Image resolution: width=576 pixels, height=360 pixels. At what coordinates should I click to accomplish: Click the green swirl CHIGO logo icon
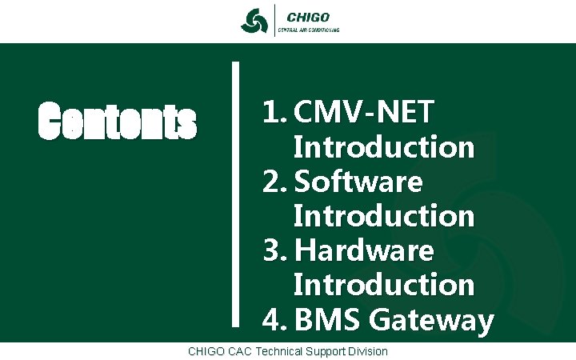point(254,21)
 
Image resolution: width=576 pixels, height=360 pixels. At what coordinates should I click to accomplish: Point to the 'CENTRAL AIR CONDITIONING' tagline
point(308,30)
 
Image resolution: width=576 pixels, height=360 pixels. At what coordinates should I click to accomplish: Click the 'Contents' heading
point(118,122)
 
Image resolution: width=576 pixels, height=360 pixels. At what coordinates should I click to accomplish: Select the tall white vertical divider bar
point(236,193)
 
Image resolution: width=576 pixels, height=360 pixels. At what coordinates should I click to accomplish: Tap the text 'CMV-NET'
point(365,114)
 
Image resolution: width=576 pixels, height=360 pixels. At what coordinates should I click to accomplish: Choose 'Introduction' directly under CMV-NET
point(384,148)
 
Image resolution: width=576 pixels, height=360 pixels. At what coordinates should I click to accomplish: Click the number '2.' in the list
point(276,182)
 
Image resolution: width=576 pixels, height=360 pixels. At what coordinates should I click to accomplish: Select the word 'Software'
point(358,182)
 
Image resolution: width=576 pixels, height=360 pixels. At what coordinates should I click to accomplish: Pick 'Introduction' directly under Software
point(384,217)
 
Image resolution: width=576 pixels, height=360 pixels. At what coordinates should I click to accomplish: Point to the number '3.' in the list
point(276,251)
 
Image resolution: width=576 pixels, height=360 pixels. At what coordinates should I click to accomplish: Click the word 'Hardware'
point(364,251)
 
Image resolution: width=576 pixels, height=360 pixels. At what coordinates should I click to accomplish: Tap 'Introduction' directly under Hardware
point(384,286)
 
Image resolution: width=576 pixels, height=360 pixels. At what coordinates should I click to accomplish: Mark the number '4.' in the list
point(276,320)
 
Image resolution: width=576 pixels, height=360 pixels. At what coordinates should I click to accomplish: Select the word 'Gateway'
point(431,320)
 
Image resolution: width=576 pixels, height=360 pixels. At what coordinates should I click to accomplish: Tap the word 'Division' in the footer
point(367,351)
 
